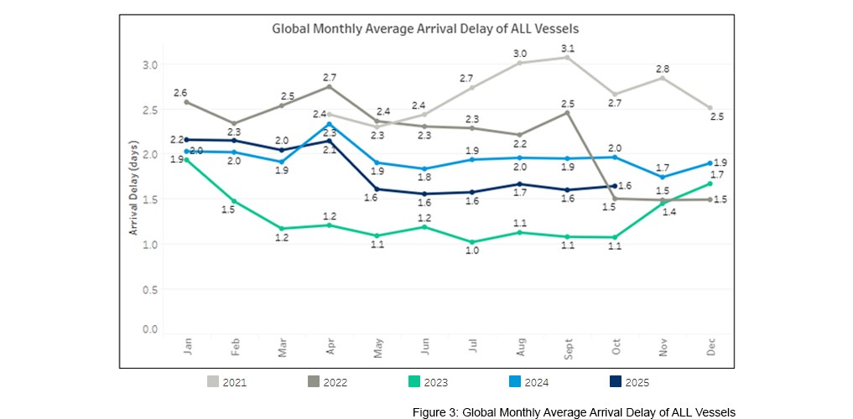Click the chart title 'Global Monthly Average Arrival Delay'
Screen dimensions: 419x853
pos(425,28)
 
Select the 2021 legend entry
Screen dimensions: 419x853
pos(227,382)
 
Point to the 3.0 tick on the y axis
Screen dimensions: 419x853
pos(149,65)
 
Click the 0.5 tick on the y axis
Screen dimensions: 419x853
pos(149,290)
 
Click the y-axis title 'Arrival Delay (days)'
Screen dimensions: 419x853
pos(133,193)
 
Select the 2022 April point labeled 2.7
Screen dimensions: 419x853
pos(329,86)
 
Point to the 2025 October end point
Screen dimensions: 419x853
pos(615,186)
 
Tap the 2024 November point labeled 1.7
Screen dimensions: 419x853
pos(663,177)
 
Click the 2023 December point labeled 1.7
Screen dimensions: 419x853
pos(710,184)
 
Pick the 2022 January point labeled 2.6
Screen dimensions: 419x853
pos(185,102)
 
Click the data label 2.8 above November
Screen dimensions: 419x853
pos(663,67)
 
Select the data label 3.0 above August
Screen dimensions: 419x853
pos(520,53)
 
